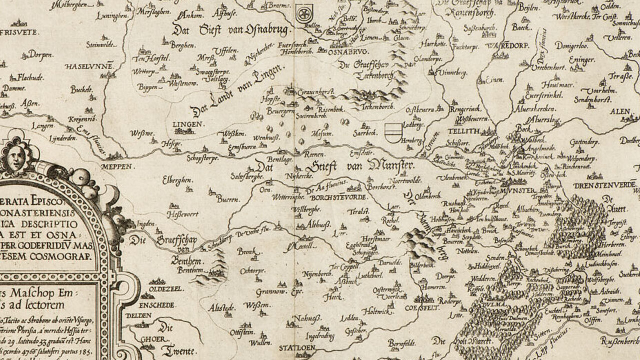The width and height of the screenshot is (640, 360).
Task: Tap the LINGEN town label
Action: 188,124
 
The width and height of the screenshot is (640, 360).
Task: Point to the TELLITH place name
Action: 466,131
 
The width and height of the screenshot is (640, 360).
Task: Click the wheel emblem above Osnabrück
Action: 302,13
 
